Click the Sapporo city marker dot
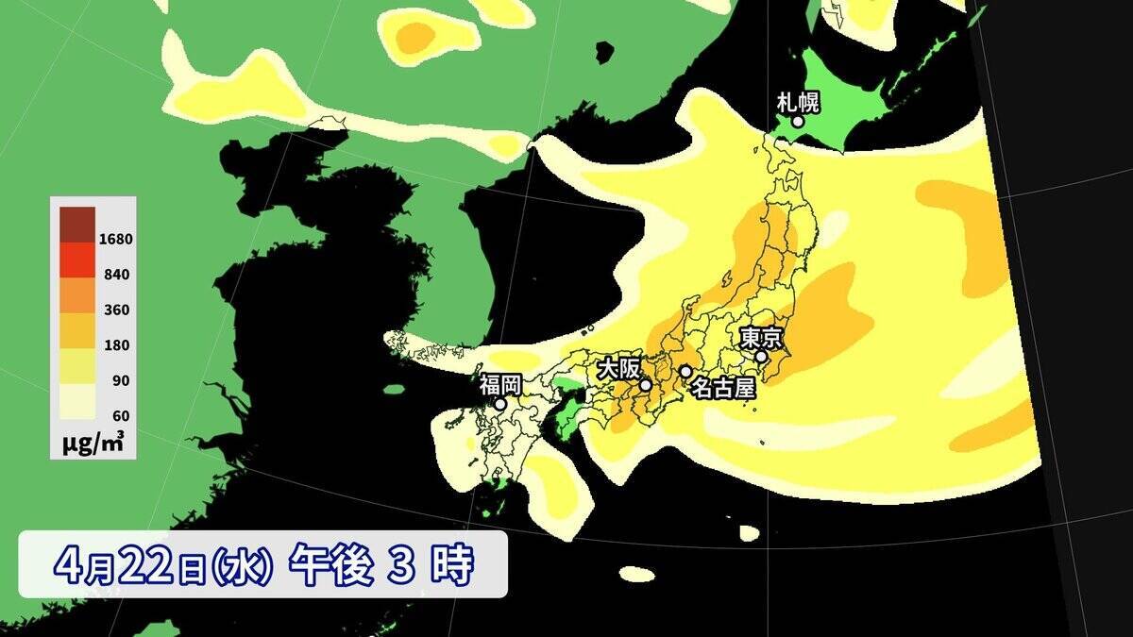click(x=798, y=121)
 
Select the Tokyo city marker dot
click(x=761, y=357)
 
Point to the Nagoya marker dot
click(x=685, y=371)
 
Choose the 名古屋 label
click(x=722, y=386)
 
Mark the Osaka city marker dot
click(x=646, y=385)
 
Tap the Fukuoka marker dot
click(x=500, y=404)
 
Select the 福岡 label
click(x=499, y=384)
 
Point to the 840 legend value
click(x=117, y=275)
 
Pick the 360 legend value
click(x=117, y=310)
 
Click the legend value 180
click(x=117, y=345)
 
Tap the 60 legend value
click(x=120, y=415)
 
